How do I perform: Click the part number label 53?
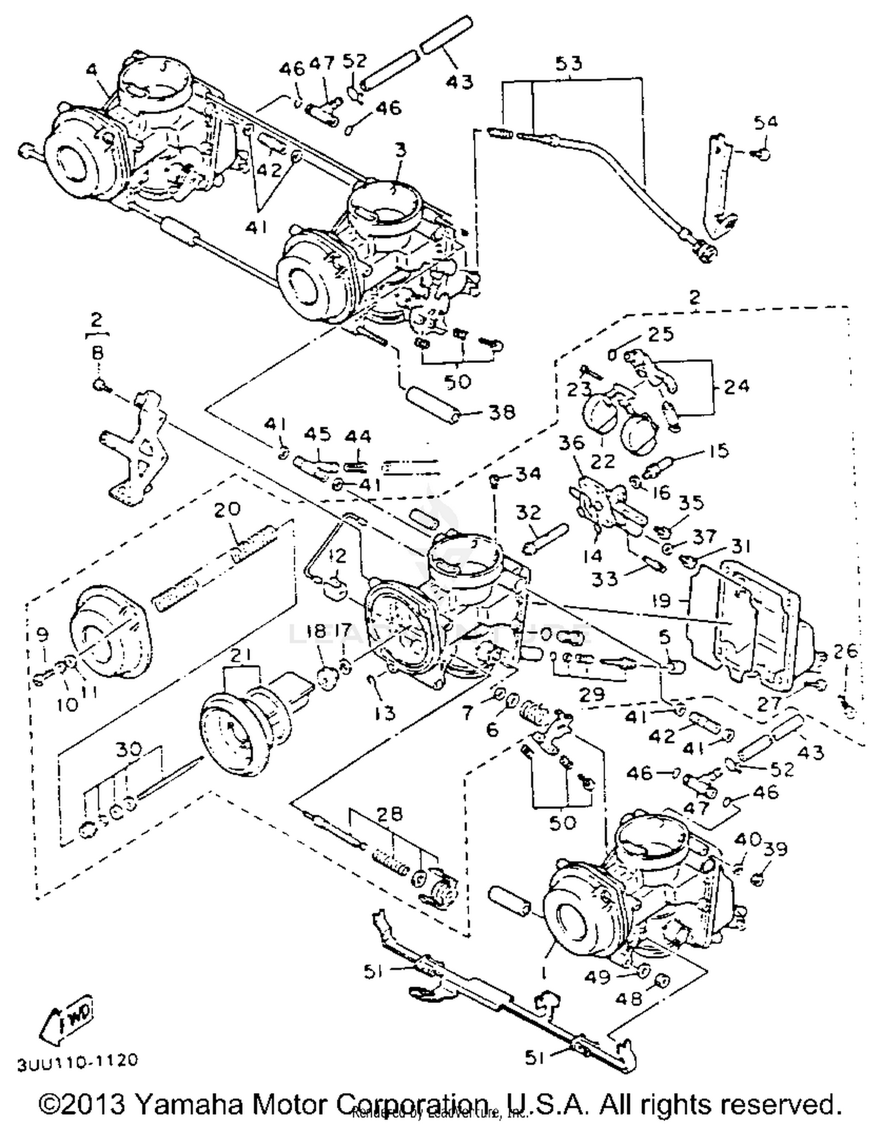pos(568,64)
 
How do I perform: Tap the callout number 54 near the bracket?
pos(765,122)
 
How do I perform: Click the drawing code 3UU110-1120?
pos(78,1061)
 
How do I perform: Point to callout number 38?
pos(500,412)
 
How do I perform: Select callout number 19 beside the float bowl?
pos(662,601)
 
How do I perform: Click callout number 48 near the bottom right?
pos(629,998)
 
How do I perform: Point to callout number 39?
pos(775,849)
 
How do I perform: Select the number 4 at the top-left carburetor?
pos(91,70)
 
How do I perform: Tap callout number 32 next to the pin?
pos(527,512)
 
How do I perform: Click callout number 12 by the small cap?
pos(338,554)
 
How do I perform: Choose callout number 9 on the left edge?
pos(41,635)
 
